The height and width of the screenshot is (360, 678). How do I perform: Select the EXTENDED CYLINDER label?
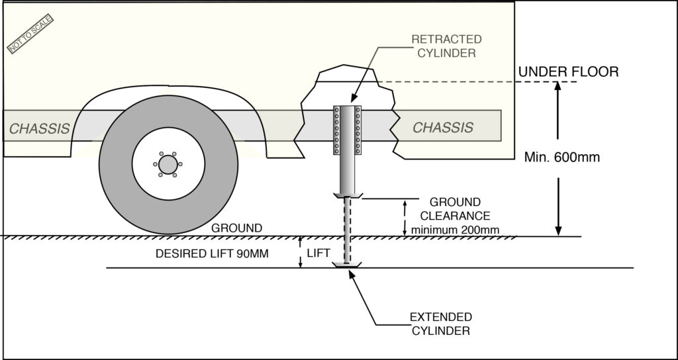440,323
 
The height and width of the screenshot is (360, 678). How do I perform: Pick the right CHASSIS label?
443,128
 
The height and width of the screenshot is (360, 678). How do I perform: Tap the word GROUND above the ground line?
236,228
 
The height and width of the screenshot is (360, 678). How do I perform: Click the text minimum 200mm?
455,230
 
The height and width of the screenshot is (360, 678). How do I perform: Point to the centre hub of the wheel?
168,164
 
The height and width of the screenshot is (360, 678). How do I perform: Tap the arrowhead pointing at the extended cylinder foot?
352,272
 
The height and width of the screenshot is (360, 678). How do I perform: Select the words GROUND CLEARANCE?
455,208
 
